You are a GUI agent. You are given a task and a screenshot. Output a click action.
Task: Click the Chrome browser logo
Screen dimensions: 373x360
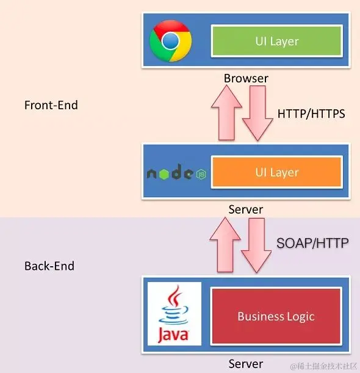[x=170, y=41]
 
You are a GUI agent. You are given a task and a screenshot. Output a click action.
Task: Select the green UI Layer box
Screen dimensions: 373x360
[x=276, y=42]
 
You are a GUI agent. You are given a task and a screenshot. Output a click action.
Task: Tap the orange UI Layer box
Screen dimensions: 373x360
[x=276, y=172]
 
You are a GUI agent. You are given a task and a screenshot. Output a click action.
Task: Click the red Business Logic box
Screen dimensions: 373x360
[x=276, y=316]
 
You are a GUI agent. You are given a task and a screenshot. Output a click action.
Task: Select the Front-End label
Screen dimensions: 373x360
[x=51, y=105]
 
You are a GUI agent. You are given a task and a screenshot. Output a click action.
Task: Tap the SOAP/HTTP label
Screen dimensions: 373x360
[x=311, y=243]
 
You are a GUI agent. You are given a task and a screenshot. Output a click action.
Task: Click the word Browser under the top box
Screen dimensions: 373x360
[x=246, y=78]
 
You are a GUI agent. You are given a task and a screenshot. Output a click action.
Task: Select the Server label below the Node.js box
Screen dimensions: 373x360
[x=245, y=209]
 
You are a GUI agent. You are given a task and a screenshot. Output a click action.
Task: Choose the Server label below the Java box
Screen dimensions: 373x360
[x=245, y=364]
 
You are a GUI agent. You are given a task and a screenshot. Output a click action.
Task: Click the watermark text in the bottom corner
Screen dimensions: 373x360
[x=323, y=366]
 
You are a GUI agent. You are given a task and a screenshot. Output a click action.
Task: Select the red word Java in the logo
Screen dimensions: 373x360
[x=174, y=335]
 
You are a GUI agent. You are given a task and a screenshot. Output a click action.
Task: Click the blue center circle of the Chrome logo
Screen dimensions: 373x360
[x=170, y=41]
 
